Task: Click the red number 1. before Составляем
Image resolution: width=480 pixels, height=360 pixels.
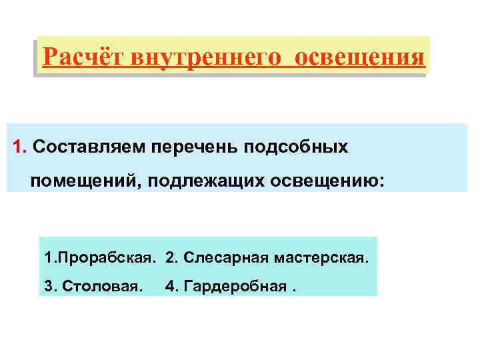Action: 19,147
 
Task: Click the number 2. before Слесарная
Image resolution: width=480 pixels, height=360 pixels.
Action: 171,257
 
